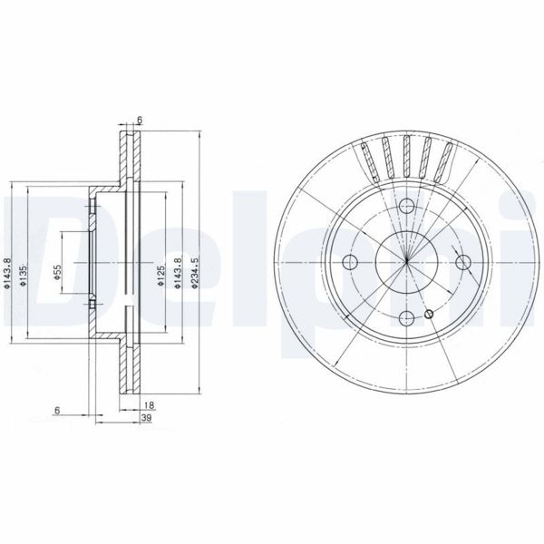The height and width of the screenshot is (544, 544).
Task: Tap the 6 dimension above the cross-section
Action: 140,119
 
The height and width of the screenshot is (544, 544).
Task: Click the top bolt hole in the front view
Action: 406,209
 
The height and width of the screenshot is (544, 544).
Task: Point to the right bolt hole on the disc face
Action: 464,263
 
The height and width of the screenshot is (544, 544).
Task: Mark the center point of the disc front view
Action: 407,263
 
